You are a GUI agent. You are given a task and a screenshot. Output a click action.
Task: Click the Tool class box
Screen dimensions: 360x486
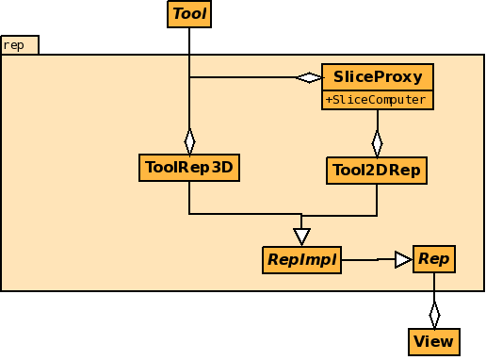(x=189, y=14)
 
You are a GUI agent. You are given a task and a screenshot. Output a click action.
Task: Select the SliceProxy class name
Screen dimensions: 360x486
(x=378, y=76)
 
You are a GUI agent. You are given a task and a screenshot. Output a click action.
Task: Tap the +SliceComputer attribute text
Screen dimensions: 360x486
(x=378, y=100)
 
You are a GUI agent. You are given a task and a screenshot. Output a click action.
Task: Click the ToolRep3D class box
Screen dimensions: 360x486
(x=189, y=168)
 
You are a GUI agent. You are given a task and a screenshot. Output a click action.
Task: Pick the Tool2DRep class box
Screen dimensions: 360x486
(x=377, y=171)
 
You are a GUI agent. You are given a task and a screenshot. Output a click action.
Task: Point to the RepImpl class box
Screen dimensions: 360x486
(x=301, y=259)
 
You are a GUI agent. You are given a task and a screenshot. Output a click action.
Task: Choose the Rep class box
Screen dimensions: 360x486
(x=433, y=258)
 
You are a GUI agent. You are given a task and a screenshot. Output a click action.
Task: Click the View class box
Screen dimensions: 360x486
(x=433, y=341)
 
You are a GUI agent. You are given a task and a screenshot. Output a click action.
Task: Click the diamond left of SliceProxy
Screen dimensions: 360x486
(x=308, y=76)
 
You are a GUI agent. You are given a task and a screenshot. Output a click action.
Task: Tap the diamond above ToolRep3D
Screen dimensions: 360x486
(x=189, y=140)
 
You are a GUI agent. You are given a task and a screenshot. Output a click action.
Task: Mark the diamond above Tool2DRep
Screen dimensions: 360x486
(x=378, y=143)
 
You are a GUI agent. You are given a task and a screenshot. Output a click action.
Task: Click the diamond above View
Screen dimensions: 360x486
(x=434, y=314)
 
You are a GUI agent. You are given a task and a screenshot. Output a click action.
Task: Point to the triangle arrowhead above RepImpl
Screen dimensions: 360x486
(x=301, y=236)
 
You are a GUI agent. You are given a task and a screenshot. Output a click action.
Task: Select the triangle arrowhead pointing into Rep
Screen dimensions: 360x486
(x=403, y=258)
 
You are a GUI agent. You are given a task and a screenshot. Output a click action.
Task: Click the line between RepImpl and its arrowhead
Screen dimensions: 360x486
(x=367, y=259)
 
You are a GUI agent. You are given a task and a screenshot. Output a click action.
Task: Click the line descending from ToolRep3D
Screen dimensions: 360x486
(x=189, y=198)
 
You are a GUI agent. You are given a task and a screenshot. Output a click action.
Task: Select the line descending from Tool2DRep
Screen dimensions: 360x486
(x=378, y=199)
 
